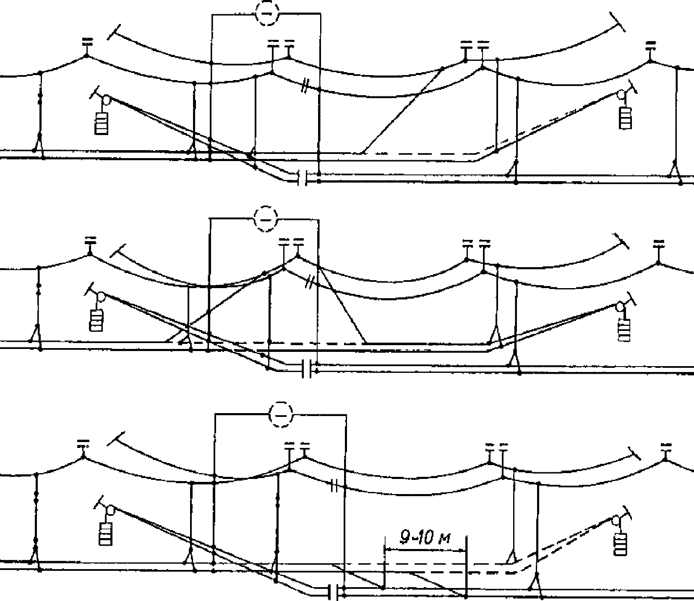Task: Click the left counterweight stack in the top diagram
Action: [102, 123]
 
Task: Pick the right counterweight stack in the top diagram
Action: [625, 117]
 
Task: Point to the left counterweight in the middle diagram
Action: [97, 320]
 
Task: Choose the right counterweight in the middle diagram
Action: [624, 329]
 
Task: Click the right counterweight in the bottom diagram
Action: [620, 544]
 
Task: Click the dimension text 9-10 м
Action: [424, 538]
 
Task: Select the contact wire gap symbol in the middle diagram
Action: [307, 368]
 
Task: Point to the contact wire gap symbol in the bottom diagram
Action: [334, 592]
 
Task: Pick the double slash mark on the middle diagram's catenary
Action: [309, 283]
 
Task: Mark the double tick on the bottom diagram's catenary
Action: [334, 486]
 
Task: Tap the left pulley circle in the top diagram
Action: [106, 100]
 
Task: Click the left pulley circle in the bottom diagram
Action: [111, 511]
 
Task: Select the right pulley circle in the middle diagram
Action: [620, 307]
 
